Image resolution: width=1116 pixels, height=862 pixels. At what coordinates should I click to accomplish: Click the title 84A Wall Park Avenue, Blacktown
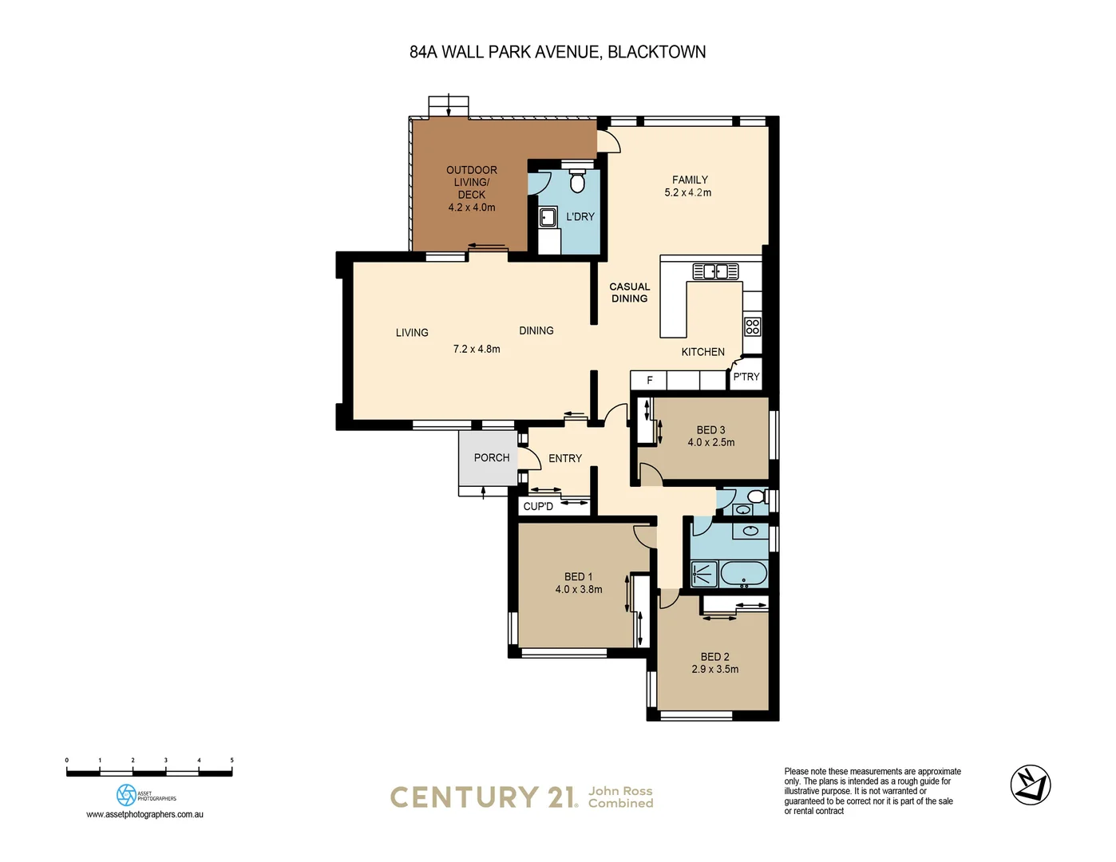[557, 52]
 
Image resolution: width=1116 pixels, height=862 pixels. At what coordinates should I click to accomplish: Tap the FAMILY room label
[690, 180]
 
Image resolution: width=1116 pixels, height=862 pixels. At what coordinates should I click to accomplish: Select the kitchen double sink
[714, 271]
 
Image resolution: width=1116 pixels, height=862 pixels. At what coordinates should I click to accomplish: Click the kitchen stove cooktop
[752, 326]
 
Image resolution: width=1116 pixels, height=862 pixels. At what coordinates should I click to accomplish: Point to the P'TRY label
[746, 377]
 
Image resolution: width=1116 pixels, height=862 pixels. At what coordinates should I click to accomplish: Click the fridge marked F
[649, 380]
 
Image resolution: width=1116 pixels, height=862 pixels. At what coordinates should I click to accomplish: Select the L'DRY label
[580, 216]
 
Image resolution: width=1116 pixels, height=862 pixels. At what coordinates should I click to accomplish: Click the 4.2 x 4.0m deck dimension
[472, 208]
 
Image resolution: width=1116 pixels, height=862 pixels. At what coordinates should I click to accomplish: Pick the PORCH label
[491, 457]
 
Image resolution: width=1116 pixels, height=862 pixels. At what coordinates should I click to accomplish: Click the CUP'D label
[538, 507]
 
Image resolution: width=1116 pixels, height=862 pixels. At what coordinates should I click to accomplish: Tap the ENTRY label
[565, 458]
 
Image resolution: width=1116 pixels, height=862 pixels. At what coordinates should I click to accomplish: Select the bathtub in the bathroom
[744, 574]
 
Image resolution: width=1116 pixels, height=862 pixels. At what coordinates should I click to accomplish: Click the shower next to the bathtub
[704, 574]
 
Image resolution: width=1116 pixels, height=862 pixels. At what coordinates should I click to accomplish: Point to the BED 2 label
[714, 657]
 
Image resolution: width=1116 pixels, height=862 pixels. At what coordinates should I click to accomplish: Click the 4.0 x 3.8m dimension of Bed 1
[579, 590]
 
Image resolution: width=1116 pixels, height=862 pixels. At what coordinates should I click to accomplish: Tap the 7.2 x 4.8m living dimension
[477, 349]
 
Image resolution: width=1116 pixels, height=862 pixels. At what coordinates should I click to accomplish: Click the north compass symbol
[1031, 785]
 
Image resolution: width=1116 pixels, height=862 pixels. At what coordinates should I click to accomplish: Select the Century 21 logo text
[483, 797]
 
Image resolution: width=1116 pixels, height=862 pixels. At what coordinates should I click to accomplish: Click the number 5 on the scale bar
[232, 761]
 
